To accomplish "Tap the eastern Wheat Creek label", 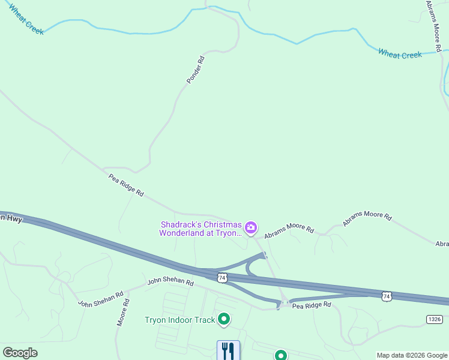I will tap(400, 55).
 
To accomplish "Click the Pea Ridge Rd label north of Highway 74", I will tap(126, 185).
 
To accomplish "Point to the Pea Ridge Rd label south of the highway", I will tap(312, 305).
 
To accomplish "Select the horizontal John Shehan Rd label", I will tap(170, 281).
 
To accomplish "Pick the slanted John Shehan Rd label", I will tap(100, 299).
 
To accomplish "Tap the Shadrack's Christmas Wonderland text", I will tap(200, 229).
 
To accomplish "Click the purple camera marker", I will tap(251, 227).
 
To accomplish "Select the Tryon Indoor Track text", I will tap(179, 320).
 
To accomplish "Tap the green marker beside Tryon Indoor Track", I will tap(224, 319).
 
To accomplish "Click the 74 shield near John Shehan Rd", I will tap(223, 277).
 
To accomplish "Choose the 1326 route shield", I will tap(435, 319).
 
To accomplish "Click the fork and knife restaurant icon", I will tap(228, 350).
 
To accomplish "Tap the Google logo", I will tap(20, 353).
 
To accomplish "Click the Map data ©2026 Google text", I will tap(412, 355).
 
